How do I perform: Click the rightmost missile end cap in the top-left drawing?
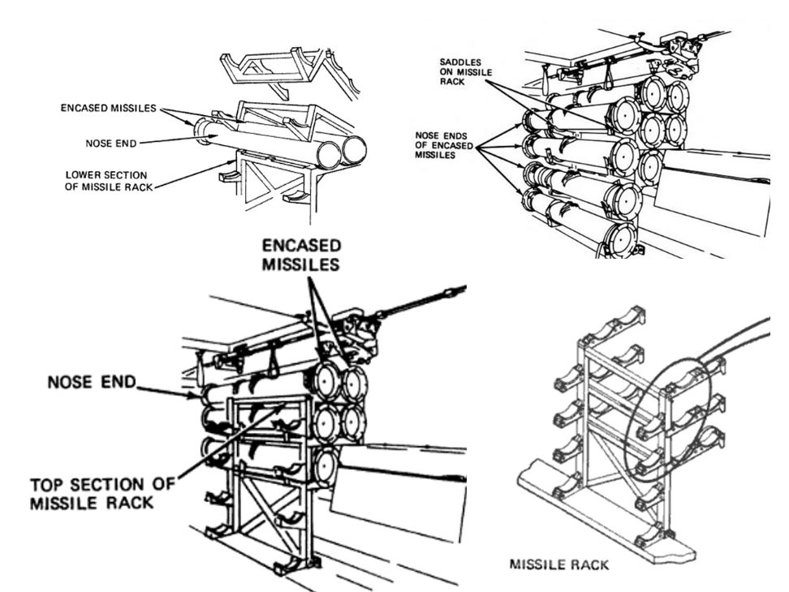coord(354,150)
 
